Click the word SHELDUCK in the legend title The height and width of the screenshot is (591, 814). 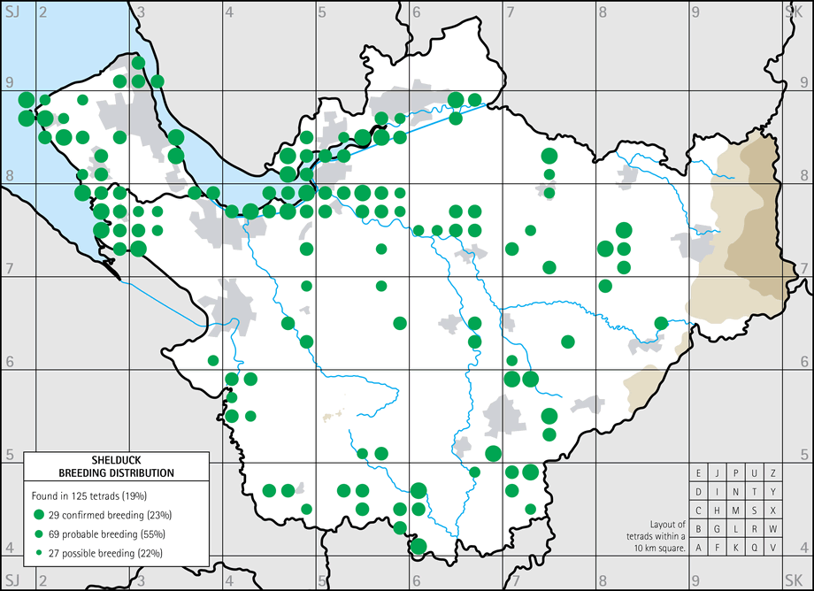tap(115, 460)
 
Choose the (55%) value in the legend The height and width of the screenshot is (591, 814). tap(151, 534)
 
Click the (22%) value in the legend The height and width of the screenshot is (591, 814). tap(150, 553)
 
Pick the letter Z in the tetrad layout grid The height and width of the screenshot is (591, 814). tap(774, 473)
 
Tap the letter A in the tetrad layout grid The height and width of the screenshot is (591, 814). tap(699, 548)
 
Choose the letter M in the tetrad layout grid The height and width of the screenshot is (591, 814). tap(736, 510)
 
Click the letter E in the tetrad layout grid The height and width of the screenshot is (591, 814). tap(699, 473)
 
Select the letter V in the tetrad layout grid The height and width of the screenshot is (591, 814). tap(774, 548)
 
